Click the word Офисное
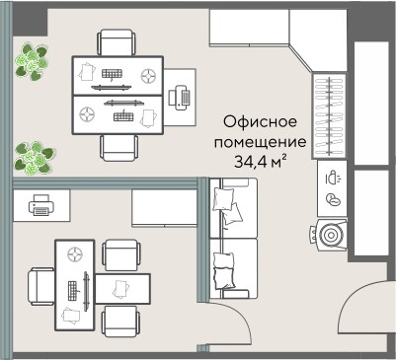coord(262,122)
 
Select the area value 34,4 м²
coord(262,160)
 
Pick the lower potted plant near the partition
coord(34,156)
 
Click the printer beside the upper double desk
coord(181,96)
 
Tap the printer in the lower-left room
coord(41,206)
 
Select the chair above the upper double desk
coord(117,42)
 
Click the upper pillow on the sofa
coord(226,203)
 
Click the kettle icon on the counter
coord(332,180)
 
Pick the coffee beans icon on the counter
coord(333,199)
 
